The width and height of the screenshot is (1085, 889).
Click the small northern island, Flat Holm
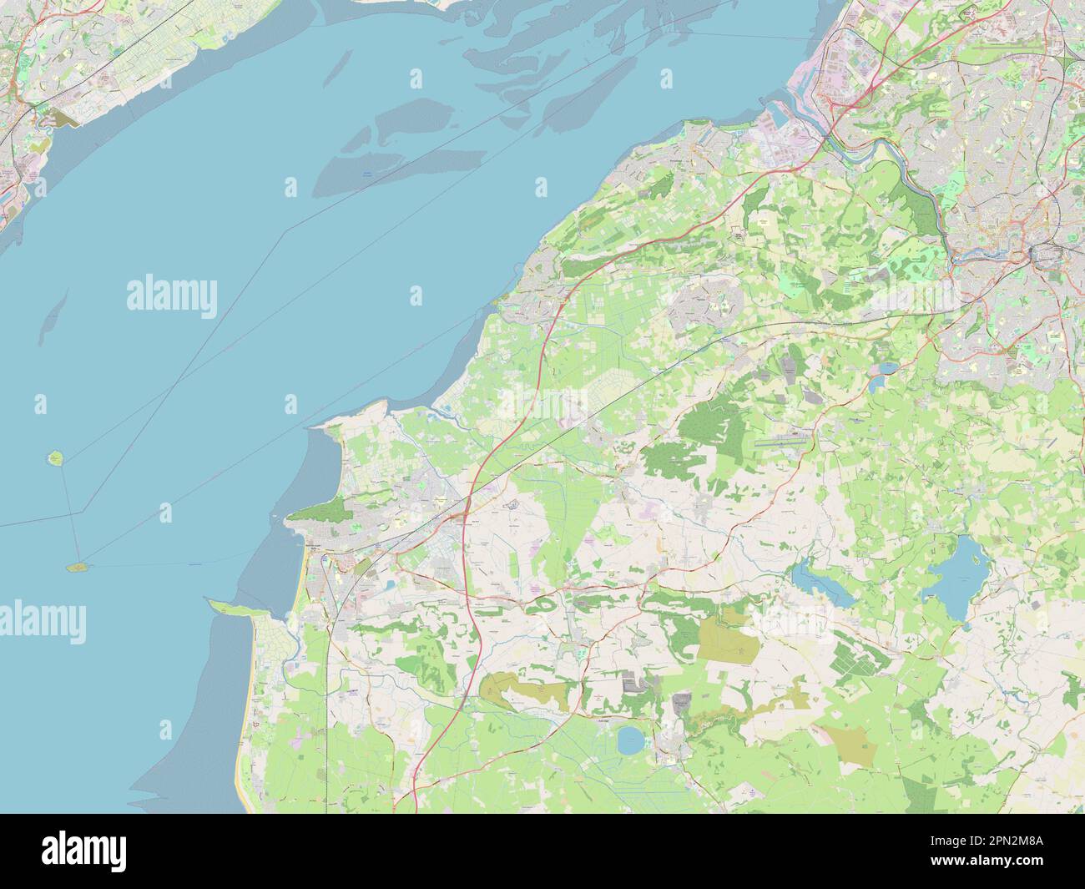click(x=56, y=458)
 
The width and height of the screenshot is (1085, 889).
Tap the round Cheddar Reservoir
click(x=630, y=738)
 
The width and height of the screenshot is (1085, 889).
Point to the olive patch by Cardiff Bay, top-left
click(x=63, y=118)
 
